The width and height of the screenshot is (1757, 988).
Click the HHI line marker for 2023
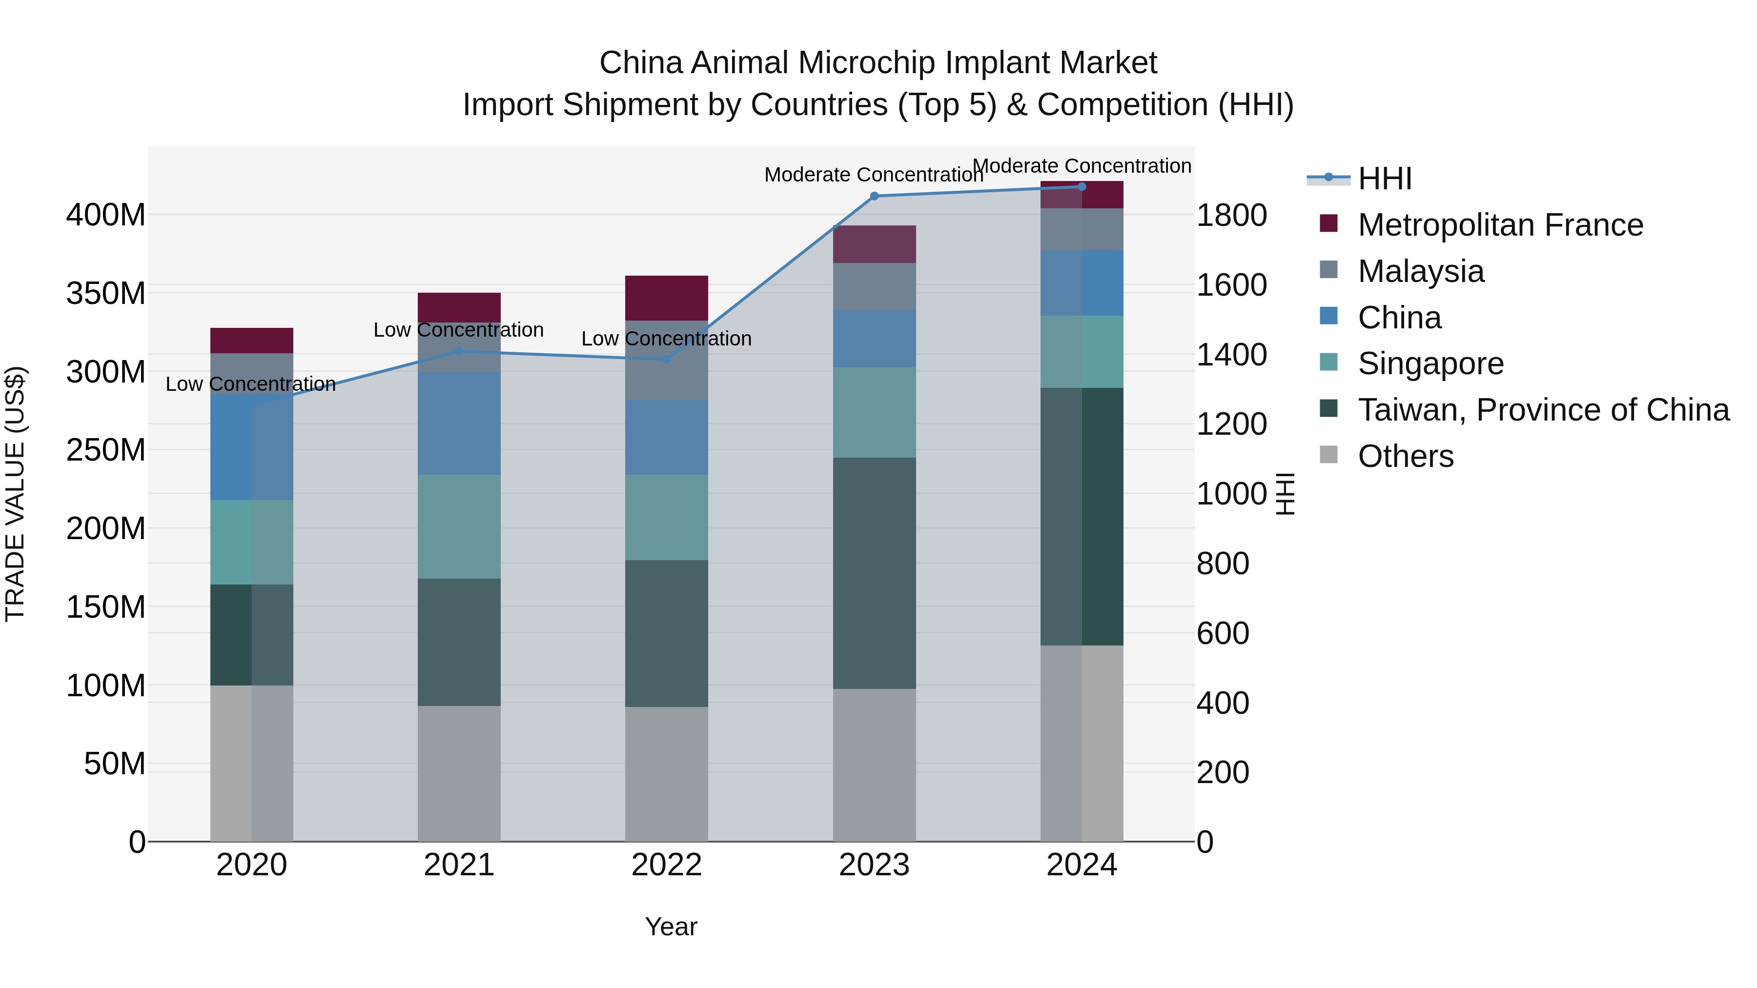point(875,196)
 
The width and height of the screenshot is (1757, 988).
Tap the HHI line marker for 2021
point(459,352)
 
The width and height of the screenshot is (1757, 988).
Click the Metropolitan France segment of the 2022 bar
point(666,298)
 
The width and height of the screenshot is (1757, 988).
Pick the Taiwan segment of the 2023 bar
point(875,573)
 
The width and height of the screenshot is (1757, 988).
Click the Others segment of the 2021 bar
point(459,773)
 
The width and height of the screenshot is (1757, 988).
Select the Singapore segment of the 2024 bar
point(1082,352)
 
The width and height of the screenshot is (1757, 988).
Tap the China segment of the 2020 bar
point(252,447)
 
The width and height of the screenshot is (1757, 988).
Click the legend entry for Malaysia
point(1420,271)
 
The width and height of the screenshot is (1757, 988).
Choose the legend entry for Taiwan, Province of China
point(1543,410)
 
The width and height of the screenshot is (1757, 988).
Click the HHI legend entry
point(1385,179)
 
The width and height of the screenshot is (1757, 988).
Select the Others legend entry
point(1405,456)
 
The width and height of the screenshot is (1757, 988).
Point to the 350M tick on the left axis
point(106,294)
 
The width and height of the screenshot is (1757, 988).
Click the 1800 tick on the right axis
point(1231,216)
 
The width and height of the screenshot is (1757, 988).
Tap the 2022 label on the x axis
point(666,865)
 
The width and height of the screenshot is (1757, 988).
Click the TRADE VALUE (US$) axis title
point(15,494)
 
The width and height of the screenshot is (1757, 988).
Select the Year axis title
point(671,927)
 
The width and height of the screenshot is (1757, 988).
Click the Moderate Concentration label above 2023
point(873,175)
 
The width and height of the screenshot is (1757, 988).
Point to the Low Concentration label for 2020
point(250,384)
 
